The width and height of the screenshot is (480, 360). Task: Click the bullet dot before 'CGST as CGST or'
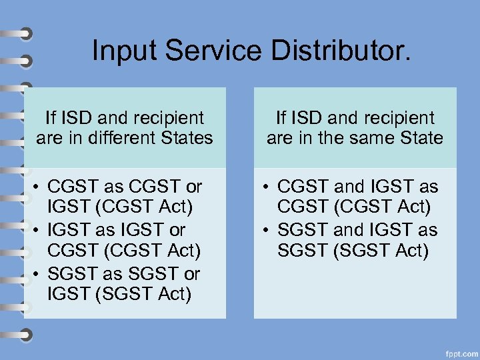coord(40,186)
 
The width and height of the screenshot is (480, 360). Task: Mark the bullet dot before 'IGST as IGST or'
coord(40,230)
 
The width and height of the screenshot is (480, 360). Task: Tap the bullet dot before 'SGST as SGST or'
coord(40,274)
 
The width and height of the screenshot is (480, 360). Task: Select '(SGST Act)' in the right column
coord(381,251)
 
